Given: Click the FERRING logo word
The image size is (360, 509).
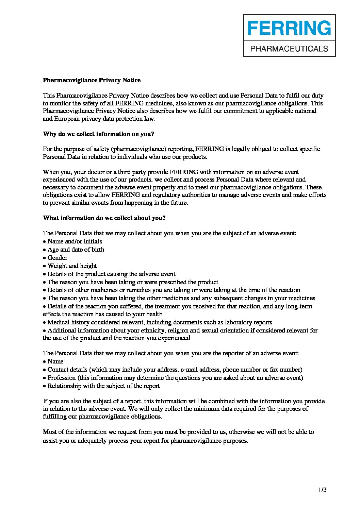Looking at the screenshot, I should (289, 28).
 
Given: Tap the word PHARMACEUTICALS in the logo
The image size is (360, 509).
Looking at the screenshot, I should (289, 49).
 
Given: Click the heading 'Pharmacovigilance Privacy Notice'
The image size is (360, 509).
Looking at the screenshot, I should (92, 80).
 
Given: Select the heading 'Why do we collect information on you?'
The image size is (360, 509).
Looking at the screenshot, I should (98, 134).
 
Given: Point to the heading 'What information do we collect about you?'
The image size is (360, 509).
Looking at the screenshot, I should (104, 218).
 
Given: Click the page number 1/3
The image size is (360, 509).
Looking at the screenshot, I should (323, 490).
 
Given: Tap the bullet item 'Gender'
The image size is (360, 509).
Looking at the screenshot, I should (57, 258).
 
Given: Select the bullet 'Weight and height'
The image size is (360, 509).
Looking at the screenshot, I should (72, 266).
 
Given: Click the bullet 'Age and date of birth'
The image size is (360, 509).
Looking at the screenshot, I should (76, 250).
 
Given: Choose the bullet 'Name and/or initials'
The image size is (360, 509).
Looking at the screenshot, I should (75, 241).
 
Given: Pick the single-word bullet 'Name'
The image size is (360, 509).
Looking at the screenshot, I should (55, 361).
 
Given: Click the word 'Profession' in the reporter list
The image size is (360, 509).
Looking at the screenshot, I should (62, 378).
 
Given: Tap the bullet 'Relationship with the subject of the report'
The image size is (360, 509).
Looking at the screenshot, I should (103, 386).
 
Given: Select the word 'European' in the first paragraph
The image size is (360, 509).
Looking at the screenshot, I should (65, 119).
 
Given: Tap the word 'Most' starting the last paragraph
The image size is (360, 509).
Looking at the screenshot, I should (49, 432).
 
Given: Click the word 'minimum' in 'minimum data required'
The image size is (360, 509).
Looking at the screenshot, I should (206, 409).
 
